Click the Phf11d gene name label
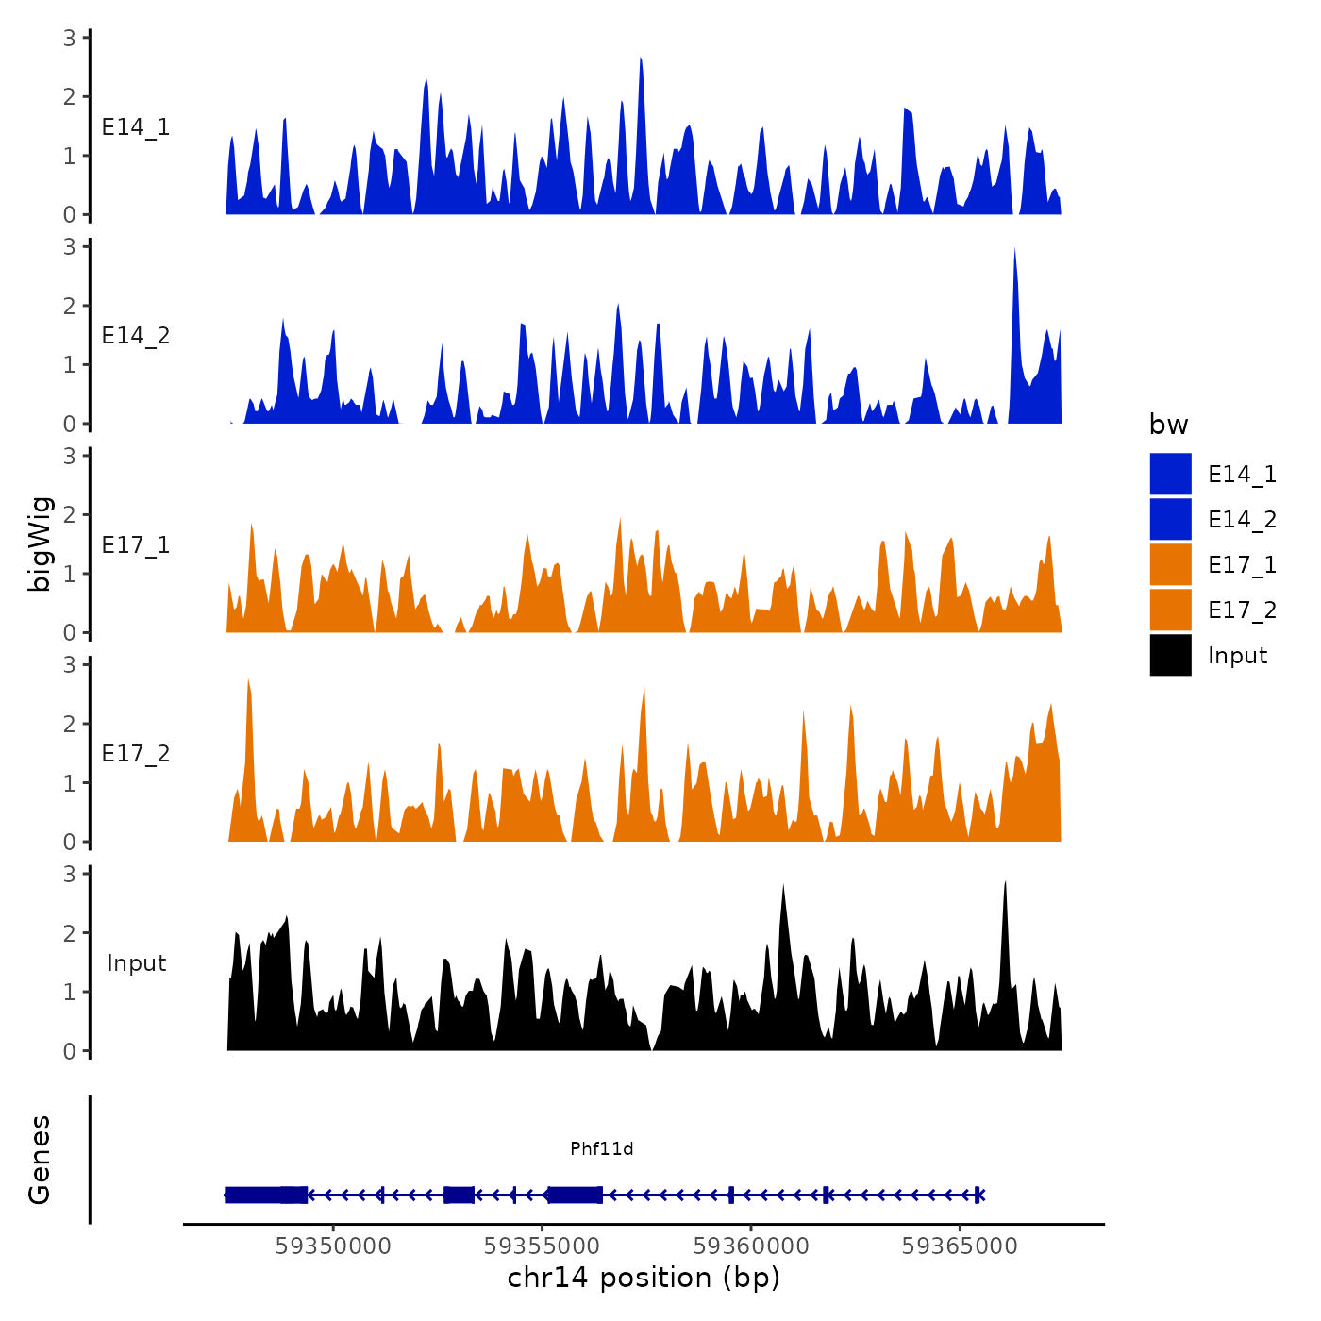601,1148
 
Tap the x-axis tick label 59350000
333,1246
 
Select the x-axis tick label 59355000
542,1246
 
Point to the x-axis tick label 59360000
751,1246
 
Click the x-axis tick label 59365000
960,1246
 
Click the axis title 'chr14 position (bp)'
644,1278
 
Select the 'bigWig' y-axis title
40,543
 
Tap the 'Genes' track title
40,1160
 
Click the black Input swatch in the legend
1170,655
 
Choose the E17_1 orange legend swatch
1170,564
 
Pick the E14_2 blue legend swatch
1170,519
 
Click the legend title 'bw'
1168,425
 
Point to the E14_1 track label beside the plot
136,127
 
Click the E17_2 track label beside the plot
136,754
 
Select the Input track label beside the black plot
136,963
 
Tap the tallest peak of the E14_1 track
641,59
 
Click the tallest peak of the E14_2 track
1014,251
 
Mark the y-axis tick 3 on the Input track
70,874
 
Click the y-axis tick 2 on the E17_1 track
70,515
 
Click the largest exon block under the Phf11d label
575,1196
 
